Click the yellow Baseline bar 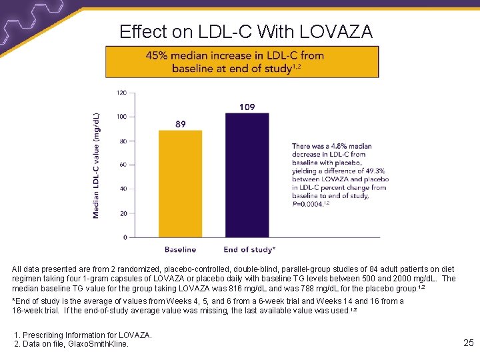pyautogui.click(x=180, y=183)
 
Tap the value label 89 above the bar pyautogui.click(x=181, y=124)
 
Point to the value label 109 pyautogui.click(x=247, y=107)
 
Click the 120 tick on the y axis pyautogui.click(x=121, y=93)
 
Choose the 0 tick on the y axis pyautogui.click(x=125, y=237)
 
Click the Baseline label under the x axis pyautogui.click(x=180, y=250)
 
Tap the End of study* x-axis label pyautogui.click(x=249, y=250)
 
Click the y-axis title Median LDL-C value pyautogui.click(x=97, y=165)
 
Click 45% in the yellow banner pyautogui.click(x=158, y=56)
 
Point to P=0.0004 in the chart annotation pyautogui.click(x=309, y=203)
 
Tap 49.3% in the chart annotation pyautogui.click(x=375, y=171)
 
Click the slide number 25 pyautogui.click(x=468, y=343)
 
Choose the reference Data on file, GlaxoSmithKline pyautogui.click(x=75, y=343)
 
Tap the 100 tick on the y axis pyautogui.click(x=121, y=117)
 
